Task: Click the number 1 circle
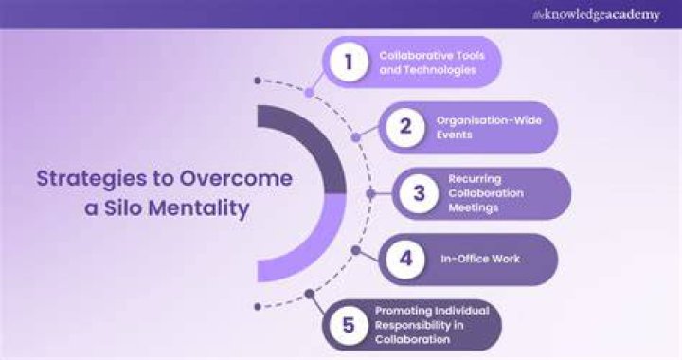coord(349,63)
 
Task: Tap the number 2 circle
coord(405,127)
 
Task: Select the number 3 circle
coord(419,193)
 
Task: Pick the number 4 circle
coord(405,260)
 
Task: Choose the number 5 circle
coord(349,325)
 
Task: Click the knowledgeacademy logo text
coord(597,15)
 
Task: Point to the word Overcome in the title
coord(236,179)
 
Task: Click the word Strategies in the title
coord(91,180)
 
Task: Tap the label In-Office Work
coord(480,260)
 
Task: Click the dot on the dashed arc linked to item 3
coord(370,193)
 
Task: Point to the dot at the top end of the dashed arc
coord(258,81)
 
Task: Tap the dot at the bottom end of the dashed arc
coord(258,307)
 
